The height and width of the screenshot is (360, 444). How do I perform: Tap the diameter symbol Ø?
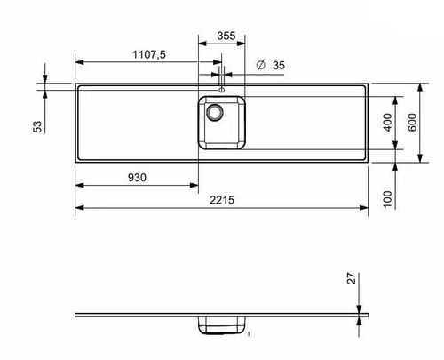tap(259, 65)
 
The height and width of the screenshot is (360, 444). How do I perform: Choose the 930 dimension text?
tap(137, 177)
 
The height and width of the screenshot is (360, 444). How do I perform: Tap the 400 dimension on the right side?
tap(386, 122)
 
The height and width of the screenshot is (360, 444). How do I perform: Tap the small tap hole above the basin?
tap(221, 89)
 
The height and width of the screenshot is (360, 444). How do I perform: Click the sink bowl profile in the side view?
tap(220, 324)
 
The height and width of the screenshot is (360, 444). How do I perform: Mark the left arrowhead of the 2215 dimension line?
tap(78, 206)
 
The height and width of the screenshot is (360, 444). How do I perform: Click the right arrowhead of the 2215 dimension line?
tap(364, 206)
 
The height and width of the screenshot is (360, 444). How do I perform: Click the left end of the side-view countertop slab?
tap(76, 316)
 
